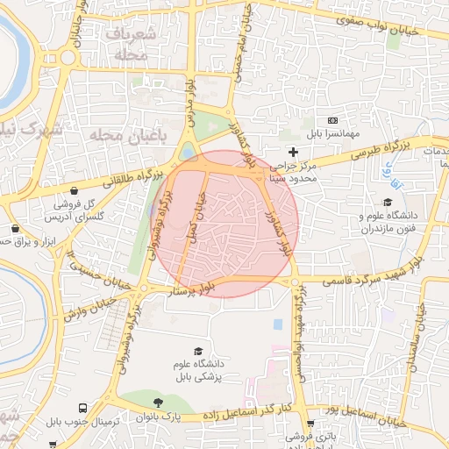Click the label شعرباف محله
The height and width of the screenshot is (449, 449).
click(133, 46)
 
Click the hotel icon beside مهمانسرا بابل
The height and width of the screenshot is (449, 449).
click(332, 120)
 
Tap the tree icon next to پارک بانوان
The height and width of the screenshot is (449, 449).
click(158, 403)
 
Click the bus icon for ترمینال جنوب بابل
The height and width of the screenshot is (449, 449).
click(82, 409)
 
